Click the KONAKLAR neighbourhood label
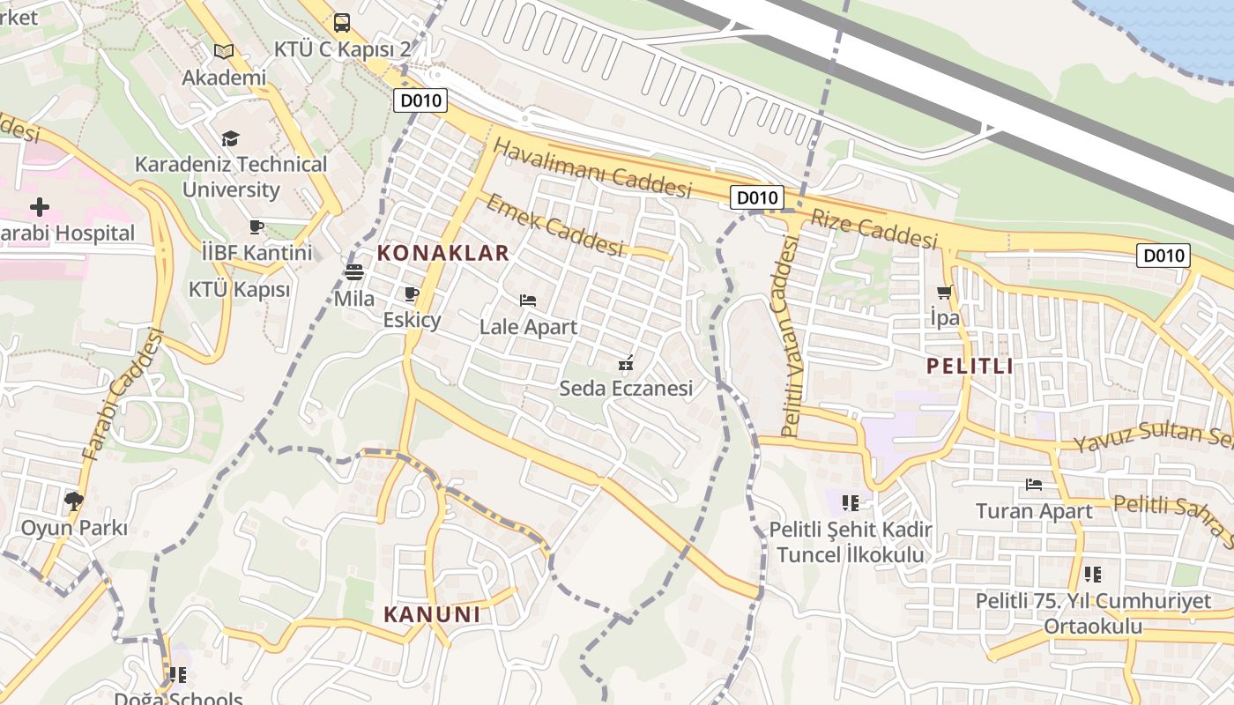pos(443,253)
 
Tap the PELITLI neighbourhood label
pos(970,366)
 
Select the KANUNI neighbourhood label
pos(432,614)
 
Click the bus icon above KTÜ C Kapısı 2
pos(342,23)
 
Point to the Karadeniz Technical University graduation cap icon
pos(230,138)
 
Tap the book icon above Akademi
pos(224,52)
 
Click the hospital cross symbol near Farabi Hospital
pos(40,208)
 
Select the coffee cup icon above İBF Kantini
pos(256,227)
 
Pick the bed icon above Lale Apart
pos(528,301)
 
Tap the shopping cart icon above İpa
pos(945,292)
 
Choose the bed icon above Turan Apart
pos(1034,485)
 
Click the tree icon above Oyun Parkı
pos(74,501)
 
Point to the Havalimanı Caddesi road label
pos(592,168)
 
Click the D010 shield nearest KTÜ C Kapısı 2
pos(420,100)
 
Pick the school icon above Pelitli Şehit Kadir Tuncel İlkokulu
pos(850,503)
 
